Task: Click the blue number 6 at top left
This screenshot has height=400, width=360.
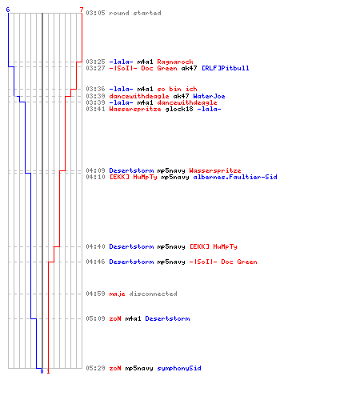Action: coord(8,10)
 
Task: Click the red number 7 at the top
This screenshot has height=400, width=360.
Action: coord(82,10)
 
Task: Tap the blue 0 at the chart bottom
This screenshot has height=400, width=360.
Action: coord(42,371)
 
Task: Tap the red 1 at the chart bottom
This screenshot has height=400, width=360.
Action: coord(48,371)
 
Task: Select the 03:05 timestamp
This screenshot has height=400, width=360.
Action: coord(95,13)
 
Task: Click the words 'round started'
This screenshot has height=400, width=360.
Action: coord(135,13)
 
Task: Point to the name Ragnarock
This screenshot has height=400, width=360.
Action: coord(175,62)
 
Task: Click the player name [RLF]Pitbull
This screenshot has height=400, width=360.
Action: coord(226,68)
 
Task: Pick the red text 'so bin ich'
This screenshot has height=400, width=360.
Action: coord(177,89)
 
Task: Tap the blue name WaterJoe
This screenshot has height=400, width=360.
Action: coord(209,96)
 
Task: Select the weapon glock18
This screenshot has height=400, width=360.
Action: coord(179,109)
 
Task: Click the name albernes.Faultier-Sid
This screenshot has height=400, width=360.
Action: coord(235,177)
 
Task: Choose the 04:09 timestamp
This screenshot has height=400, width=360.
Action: coord(95,170)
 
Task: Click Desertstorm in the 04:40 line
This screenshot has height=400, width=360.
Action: coord(131,246)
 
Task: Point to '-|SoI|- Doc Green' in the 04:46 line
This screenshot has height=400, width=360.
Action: coord(223,262)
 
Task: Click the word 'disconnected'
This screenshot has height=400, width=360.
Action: coord(153,294)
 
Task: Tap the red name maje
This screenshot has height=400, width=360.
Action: coord(117,294)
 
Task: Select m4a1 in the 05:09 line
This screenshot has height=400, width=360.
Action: coord(133,318)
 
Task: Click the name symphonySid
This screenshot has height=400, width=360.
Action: coord(179,369)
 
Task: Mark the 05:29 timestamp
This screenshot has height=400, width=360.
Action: coord(95,368)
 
